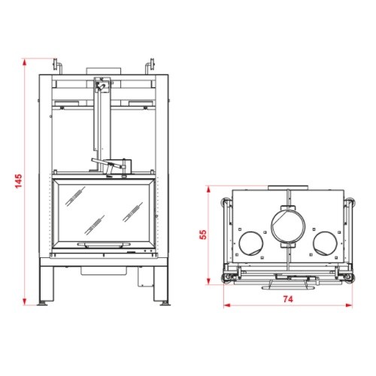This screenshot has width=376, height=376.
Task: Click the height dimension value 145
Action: pyautogui.click(x=19, y=181)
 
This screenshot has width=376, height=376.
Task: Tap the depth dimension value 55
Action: pyautogui.click(x=203, y=235)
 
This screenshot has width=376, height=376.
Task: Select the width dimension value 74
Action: pyautogui.click(x=288, y=299)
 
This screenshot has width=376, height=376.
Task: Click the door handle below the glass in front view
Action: pyautogui.click(x=104, y=244)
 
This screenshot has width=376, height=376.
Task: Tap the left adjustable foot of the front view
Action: pyautogui.click(x=43, y=303)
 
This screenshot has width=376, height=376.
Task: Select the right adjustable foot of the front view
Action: pyautogui.click(x=165, y=303)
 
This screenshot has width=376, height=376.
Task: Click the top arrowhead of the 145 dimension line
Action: pyautogui.click(x=24, y=62)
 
